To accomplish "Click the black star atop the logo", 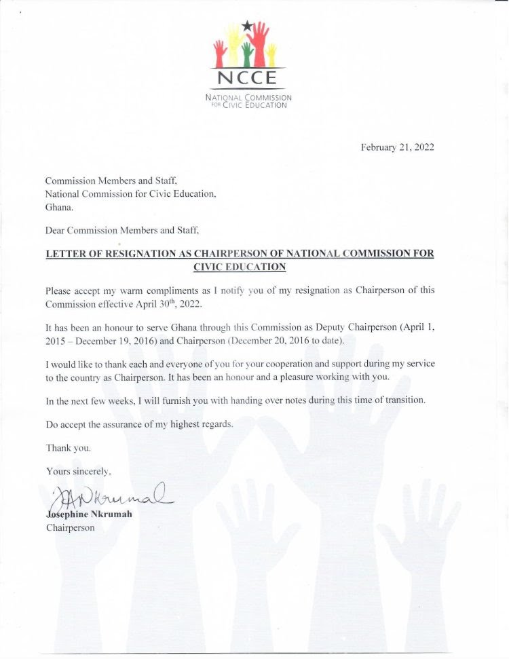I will (246, 26).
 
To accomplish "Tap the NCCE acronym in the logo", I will (247, 79).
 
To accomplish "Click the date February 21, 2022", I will (397, 147).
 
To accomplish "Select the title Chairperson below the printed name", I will (70, 527).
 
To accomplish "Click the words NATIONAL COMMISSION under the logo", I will (248, 98).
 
